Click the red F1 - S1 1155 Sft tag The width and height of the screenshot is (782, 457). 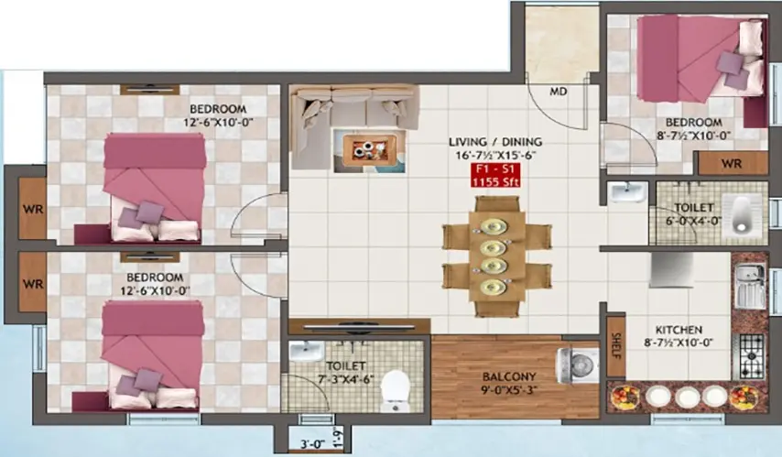click(496, 175)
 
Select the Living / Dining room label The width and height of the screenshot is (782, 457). click(495, 147)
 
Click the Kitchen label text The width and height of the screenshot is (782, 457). click(679, 330)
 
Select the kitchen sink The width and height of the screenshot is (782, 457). click(750, 283)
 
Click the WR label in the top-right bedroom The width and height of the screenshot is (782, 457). click(731, 164)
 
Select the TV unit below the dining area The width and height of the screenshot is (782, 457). click(358, 325)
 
